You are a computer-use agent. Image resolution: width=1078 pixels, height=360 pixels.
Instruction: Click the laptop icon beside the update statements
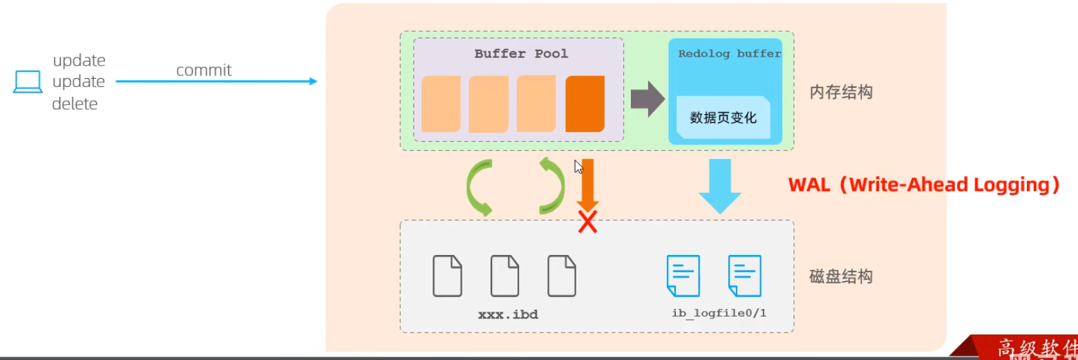(28, 82)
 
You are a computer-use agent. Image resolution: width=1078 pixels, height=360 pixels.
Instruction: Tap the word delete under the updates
(75, 104)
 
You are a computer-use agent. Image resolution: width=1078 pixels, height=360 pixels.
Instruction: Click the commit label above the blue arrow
(204, 70)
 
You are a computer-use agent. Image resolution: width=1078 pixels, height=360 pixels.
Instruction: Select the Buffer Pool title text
(521, 54)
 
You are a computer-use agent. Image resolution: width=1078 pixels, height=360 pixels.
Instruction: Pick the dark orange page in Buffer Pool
(585, 104)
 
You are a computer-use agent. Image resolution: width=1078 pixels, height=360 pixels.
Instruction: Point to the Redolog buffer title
(729, 54)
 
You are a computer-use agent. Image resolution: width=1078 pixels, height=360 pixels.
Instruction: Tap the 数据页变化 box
(724, 118)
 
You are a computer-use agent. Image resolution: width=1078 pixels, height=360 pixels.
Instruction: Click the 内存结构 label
(841, 92)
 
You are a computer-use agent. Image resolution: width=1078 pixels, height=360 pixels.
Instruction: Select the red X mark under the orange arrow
(587, 222)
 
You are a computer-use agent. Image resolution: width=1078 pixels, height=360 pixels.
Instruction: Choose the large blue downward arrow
(719, 185)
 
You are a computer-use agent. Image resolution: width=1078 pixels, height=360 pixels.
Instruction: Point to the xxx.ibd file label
(508, 314)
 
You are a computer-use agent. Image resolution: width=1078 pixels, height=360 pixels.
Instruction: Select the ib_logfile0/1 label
(719, 314)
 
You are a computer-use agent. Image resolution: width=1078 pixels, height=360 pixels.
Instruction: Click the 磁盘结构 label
(841, 277)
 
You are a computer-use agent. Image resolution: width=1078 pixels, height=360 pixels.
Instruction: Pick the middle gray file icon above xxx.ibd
(504, 276)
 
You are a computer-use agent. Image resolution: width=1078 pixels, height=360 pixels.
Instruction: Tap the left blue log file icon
(683, 276)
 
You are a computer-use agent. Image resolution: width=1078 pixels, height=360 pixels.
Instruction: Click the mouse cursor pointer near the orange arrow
(578, 166)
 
